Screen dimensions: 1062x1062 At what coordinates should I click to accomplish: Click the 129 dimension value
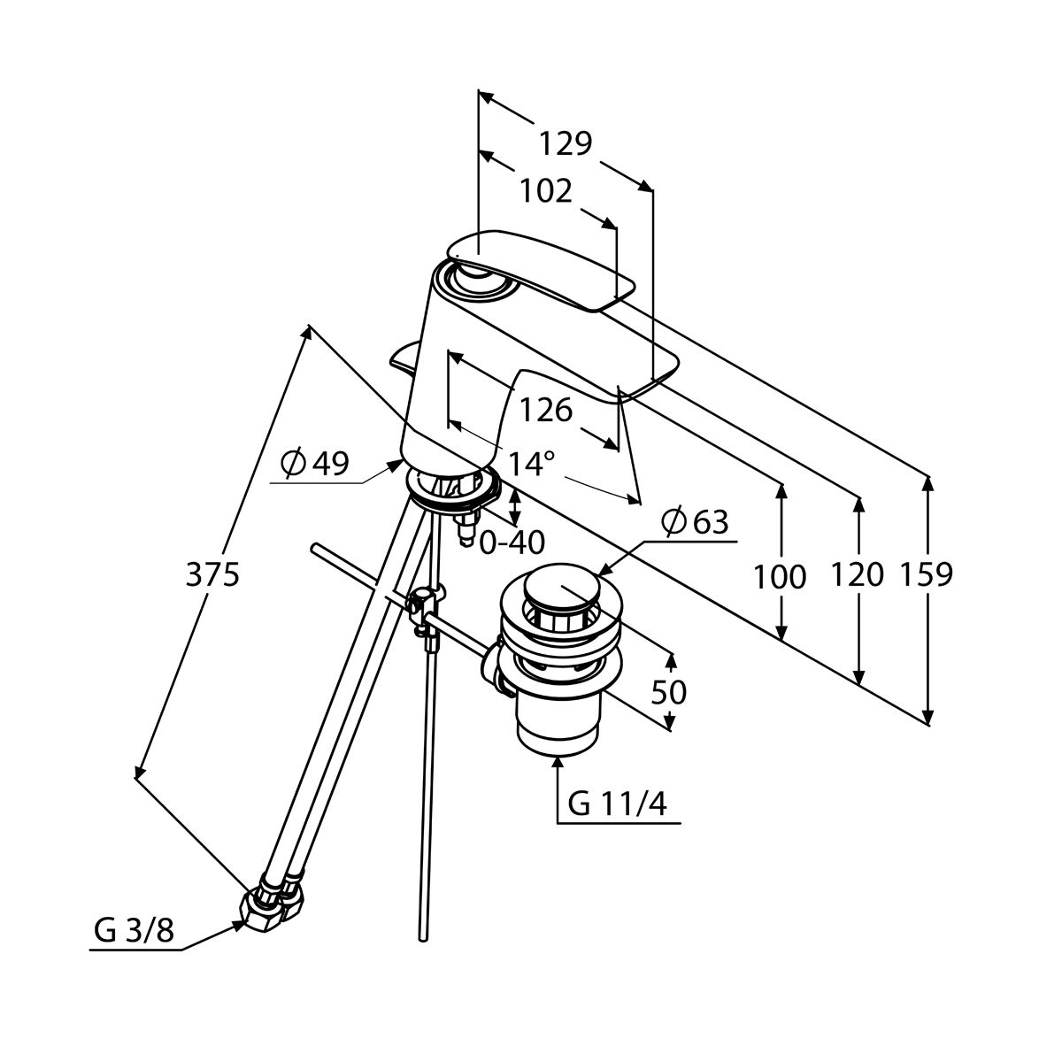pyautogui.click(x=566, y=142)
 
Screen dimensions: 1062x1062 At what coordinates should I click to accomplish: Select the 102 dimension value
pyautogui.click(x=545, y=190)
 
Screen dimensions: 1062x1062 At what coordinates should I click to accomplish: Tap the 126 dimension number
pyautogui.click(x=545, y=410)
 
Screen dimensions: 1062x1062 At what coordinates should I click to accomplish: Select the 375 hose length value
pyautogui.click(x=212, y=575)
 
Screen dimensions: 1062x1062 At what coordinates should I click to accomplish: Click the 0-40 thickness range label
pyautogui.click(x=512, y=542)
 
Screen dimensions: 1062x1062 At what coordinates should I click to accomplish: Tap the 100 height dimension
pyautogui.click(x=780, y=577)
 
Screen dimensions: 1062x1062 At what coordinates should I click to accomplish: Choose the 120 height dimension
pyautogui.click(x=858, y=575)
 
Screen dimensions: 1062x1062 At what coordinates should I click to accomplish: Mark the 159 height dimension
pyautogui.click(x=927, y=575)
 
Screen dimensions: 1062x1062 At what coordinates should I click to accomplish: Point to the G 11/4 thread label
pyautogui.click(x=618, y=804)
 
